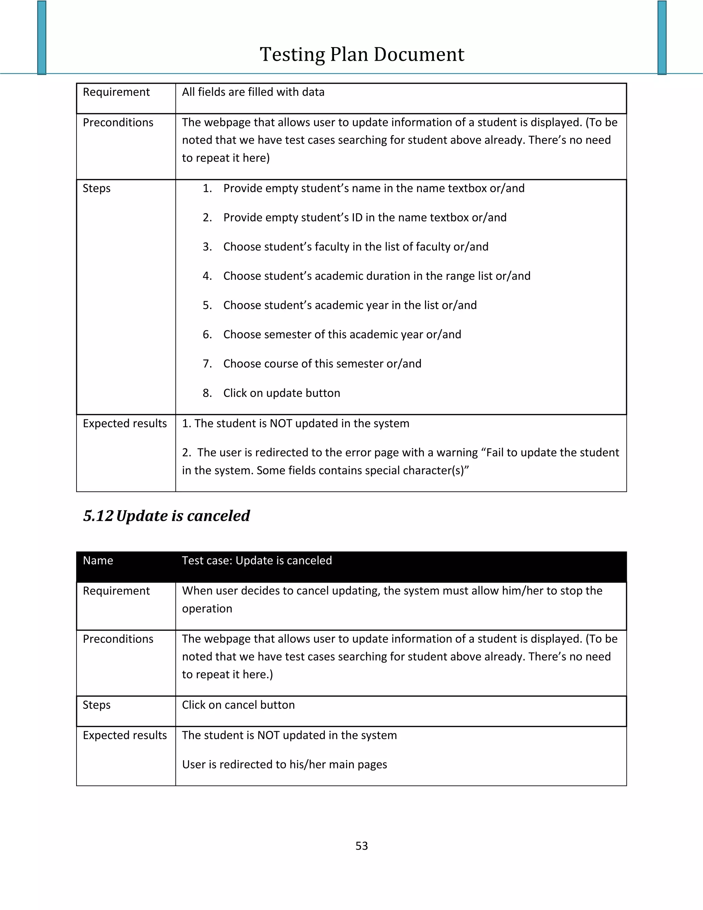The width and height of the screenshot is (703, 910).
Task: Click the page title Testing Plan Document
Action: (361, 55)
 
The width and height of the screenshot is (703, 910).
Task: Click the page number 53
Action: (361, 845)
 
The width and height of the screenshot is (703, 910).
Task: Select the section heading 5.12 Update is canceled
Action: (166, 516)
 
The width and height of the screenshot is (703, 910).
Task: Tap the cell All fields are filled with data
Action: (253, 92)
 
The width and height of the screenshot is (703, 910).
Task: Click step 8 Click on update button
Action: (281, 393)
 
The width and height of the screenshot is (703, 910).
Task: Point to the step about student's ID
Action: (365, 217)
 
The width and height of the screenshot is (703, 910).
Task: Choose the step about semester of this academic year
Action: (342, 334)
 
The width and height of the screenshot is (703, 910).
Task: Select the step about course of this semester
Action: (322, 364)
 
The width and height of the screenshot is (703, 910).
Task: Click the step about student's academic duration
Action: (377, 276)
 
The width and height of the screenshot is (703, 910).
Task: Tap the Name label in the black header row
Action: (98, 560)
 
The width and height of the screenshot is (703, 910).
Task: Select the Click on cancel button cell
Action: (238, 705)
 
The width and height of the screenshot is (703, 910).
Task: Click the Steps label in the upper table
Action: (96, 188)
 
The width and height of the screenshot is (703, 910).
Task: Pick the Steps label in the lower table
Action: (96, 705)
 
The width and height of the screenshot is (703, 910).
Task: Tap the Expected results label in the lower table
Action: (125, 735)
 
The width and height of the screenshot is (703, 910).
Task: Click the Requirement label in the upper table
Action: (116, 92)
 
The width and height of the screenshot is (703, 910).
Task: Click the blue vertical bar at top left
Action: (42, 37)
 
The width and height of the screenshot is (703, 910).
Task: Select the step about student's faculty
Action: (356, 247)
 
